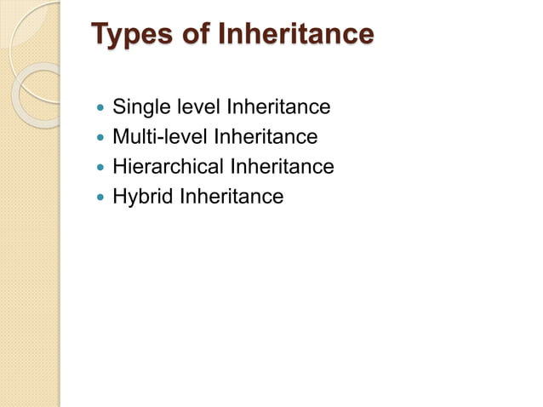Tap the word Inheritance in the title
pos(296,35)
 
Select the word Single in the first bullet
pos(141,107)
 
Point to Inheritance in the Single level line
pos(277,107)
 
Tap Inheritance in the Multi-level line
pos(266,136)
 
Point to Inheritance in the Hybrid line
pos(231,196)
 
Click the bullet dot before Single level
pos(101,109)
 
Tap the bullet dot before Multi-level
pos(101,138)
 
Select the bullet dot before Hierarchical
pos(101,168)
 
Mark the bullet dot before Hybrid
pos(101,198)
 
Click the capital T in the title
pos(100,35)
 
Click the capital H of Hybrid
pos(120,196)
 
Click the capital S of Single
pos(120,107)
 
